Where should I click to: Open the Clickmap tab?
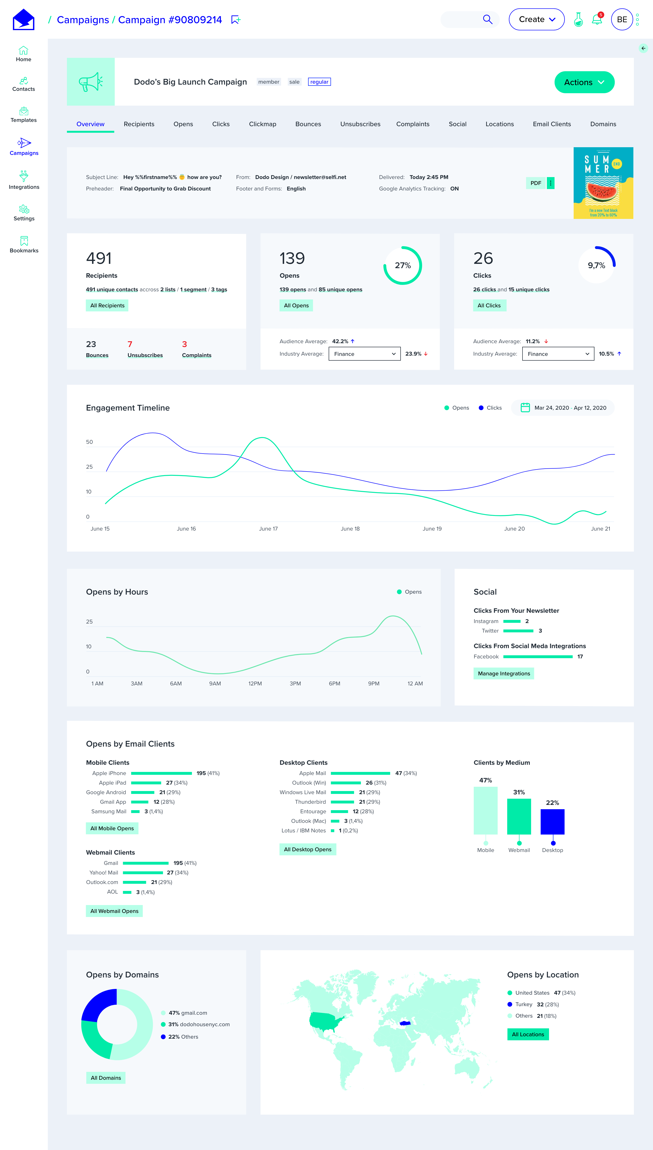(x=262, y=124)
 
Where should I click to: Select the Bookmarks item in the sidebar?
(x=24, y=244)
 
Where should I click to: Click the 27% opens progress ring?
(x=402, y=266)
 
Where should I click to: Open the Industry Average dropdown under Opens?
(x=364, y=354)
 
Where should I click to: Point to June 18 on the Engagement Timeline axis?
(x=350, y=529)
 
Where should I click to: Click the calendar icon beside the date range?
(x=525, y=407)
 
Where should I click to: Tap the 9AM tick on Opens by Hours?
(x=215, y=683)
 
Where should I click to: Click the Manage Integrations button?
(x=504, y=673)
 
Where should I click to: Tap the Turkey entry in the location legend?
(x=523, y=1004)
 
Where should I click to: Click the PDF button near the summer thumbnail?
(x=535, y=183)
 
